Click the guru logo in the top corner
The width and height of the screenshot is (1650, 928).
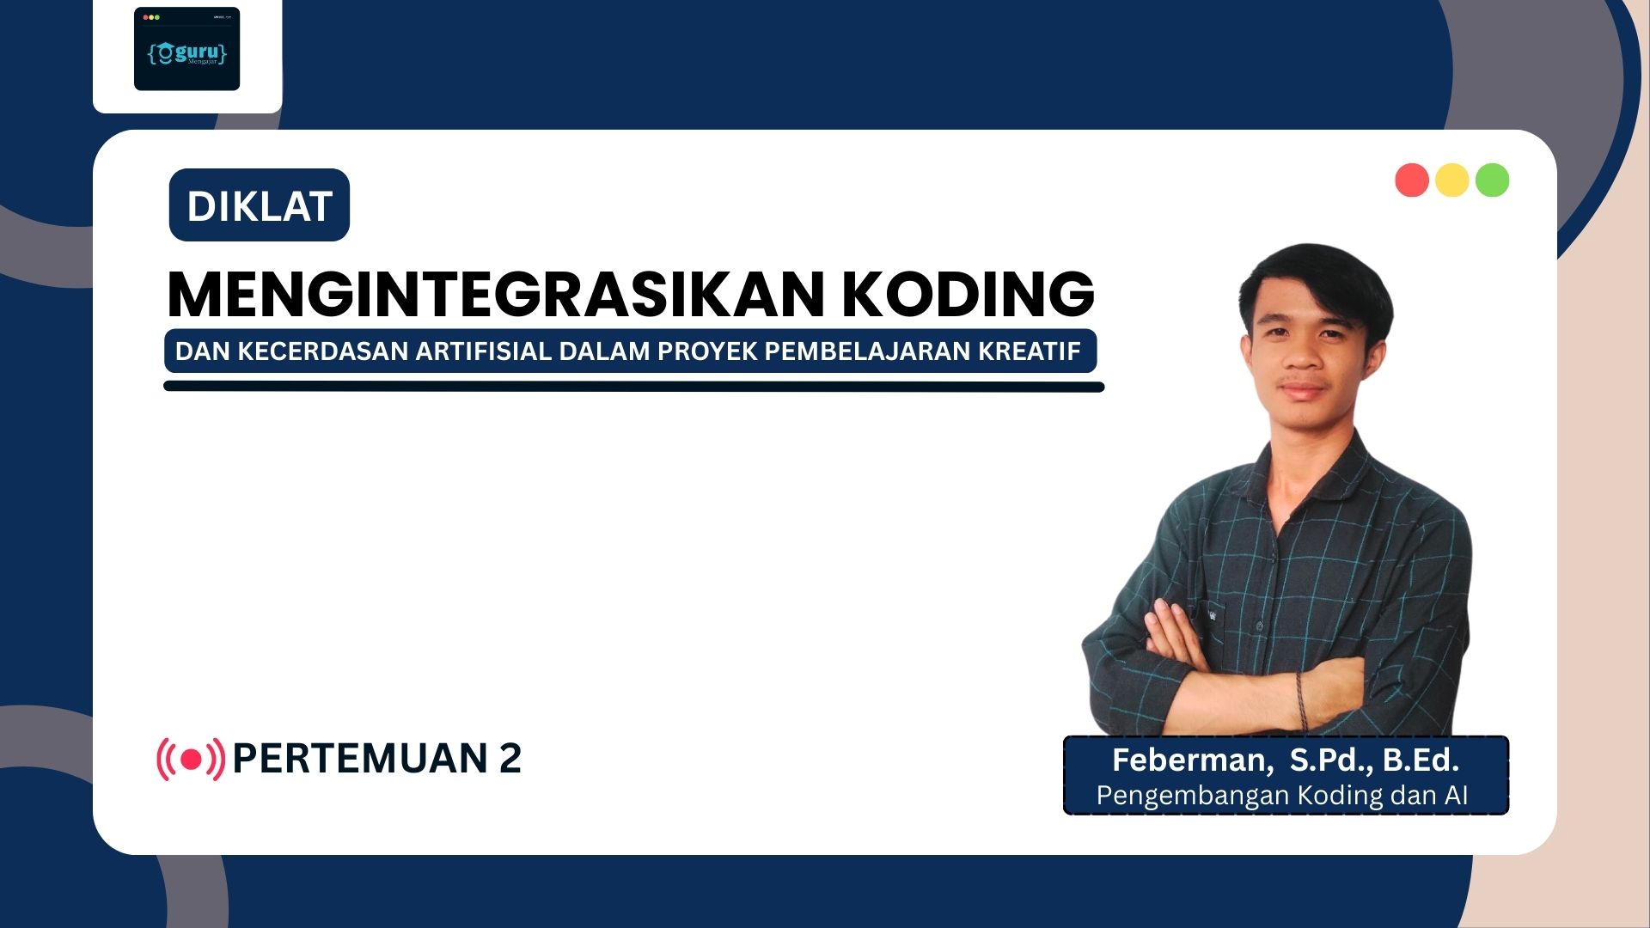tap(186, 49)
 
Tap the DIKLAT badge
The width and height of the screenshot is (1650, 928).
tap(260, 205)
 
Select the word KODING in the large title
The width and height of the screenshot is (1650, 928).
tap(968, 294)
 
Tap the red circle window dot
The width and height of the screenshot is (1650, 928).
tap(1412, 180)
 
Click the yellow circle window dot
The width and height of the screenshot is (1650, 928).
tap(1452, 180)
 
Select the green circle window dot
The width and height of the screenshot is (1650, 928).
tap(1493, 180)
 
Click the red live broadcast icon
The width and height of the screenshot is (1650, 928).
tap(191, 759)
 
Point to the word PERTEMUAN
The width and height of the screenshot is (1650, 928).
tap(360, 759)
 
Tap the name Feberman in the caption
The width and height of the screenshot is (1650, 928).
tap(1189, 760)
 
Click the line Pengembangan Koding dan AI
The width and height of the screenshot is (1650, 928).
tap(1282, 796)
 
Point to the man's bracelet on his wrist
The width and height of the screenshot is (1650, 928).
tap(1301, 700)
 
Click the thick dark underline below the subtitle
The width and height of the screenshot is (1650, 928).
tap(634, 387)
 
